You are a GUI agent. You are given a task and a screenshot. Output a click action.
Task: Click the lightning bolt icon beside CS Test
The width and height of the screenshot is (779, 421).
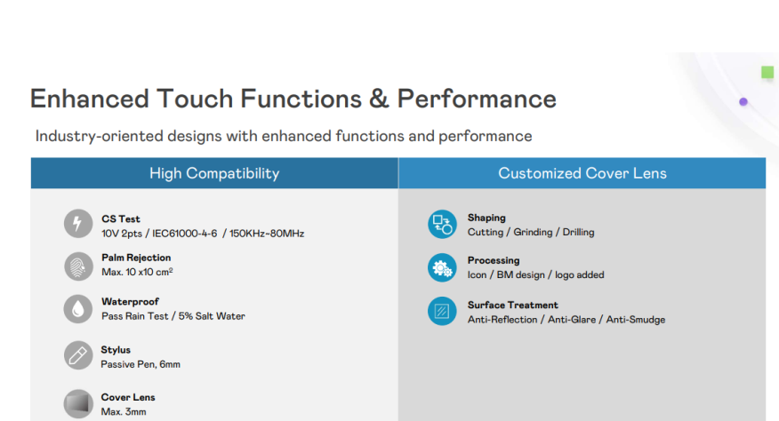(x=78, y=224)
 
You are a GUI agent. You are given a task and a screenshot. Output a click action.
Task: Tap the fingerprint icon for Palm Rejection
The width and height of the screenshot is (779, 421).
(x=78, y=266)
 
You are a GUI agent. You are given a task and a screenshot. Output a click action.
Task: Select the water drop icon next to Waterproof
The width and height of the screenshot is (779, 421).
(x=78, y=309)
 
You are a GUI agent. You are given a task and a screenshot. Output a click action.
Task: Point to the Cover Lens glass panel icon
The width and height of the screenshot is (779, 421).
(x=78, y=402)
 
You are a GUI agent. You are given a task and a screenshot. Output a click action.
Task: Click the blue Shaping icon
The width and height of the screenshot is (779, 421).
(x=441, y=224)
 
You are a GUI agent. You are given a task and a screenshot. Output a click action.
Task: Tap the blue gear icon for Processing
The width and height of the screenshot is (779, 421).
(x=441, y=267)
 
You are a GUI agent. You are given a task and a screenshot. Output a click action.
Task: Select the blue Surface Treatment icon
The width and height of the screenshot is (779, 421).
(x=441, y=311)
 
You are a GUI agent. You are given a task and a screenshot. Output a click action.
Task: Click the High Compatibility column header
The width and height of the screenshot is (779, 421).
(x=214, y=173)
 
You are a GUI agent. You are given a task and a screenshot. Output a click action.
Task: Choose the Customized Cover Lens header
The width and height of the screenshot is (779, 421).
(x=582, y=173)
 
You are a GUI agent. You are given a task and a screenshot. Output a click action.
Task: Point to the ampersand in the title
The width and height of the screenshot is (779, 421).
(x=379, y=99)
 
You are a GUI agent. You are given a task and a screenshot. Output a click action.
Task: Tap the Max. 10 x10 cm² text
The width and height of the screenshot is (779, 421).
(x=137, y=272)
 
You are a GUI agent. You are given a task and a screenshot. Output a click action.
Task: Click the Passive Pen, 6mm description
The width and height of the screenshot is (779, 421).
(x=141, y=364)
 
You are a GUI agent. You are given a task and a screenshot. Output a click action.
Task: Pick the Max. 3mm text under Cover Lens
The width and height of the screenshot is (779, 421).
(x=123, y=412)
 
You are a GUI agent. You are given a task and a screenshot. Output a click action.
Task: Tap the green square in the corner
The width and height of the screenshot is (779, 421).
(x=767, y=72)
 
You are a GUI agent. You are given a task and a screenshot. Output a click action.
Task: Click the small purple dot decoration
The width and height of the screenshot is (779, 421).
(x=743, y=102)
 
